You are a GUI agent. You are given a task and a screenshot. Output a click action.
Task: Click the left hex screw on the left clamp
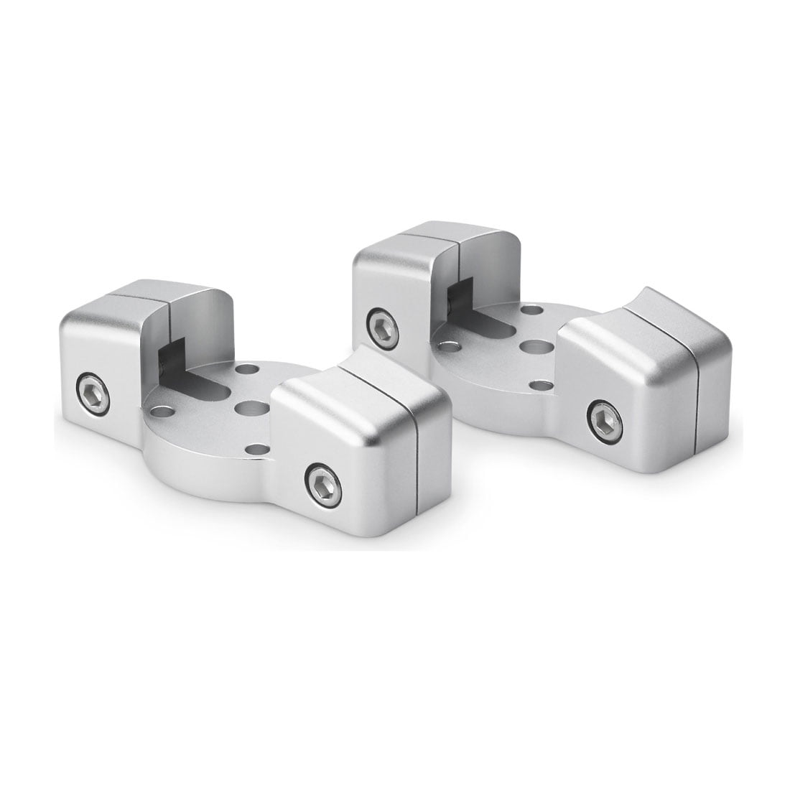pos(94,394)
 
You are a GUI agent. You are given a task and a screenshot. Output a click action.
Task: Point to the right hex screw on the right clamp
pos(605,419)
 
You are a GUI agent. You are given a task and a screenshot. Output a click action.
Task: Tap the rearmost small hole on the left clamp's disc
pos(247,369)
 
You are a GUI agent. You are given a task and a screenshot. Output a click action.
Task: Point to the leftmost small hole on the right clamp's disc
pos(450,346)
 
